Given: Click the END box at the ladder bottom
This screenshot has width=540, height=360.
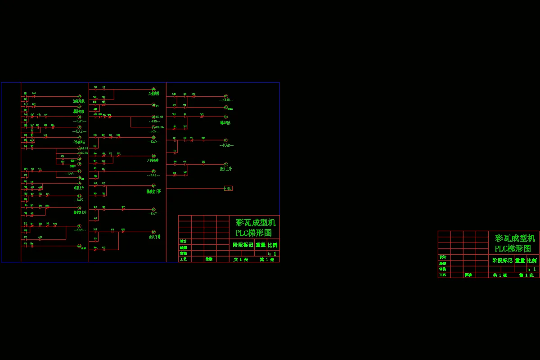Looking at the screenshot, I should pos(228,189).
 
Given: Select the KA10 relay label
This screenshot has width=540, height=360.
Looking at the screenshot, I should pos(226,100).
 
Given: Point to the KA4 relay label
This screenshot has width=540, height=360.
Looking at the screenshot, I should pos(71,173).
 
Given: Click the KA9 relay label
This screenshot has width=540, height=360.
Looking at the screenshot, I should pos(80,230).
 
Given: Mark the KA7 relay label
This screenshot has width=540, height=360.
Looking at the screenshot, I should pos(154,214).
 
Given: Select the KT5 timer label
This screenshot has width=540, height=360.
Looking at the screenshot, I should pos(154,121).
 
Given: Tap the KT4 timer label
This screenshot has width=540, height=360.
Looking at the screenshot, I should pos(154,132).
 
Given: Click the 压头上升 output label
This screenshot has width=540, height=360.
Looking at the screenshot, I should pos(226,169).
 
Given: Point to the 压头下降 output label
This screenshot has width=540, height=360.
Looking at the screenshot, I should pos(155,237).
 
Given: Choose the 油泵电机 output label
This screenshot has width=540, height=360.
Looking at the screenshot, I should pos(79,101).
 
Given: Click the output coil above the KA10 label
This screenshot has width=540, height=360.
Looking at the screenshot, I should pos(226,96).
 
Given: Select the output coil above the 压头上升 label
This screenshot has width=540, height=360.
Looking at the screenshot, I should pos(226,164).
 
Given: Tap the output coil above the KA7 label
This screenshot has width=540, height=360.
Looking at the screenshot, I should pos(153,209).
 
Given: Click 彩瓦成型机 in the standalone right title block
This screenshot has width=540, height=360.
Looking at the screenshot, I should pos(515,238).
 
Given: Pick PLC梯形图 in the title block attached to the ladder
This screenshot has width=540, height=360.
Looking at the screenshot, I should pos(254,233).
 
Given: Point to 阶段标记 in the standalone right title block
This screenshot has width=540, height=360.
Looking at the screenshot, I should pos(502,260).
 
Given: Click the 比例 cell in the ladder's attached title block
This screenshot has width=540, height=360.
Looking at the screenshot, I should pos(273,245).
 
